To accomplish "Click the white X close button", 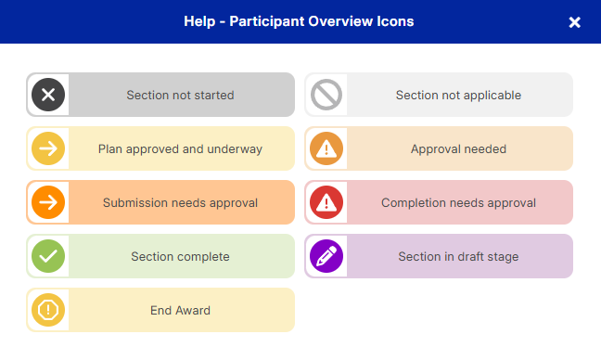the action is click(574, 22).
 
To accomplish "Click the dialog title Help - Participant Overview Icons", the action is click(299, 21).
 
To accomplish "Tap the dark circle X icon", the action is click(48, 95).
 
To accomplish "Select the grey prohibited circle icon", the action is click(326, 95).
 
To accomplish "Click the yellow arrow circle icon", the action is click(48, 148).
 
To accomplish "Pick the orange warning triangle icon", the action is click(326, 148).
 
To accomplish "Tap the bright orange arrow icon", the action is click(48, 202).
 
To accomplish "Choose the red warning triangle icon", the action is click(326, 202).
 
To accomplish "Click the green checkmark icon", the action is click(48, 256).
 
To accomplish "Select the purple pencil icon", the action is click(326, 256).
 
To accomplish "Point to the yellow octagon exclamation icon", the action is click(48, 310).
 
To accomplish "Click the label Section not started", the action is click(180, 95).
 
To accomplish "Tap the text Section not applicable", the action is click(458, 95).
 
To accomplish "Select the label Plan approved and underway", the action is click(180, 148).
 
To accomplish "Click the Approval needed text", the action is click(458, 148).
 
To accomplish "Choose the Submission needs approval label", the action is click(180, 203).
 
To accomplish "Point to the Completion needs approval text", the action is click(458, 203).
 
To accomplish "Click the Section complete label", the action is click(180, 256).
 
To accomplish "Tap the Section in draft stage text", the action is click(458, 256).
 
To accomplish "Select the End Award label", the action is click(180, 310).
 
